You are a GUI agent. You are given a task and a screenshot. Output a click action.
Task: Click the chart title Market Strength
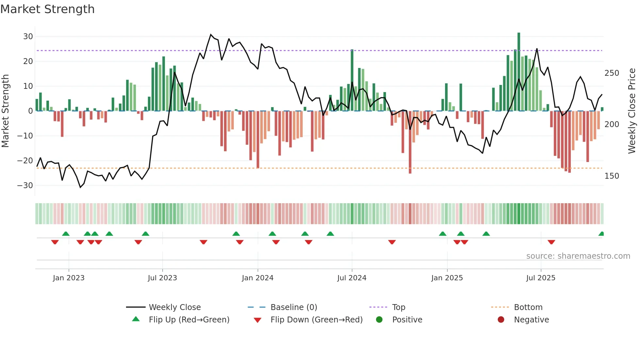tap(47, 9)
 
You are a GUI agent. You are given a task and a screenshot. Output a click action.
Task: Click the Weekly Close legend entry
tap(174, 307)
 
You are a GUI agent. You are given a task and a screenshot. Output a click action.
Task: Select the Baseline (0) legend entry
tap(294, 307)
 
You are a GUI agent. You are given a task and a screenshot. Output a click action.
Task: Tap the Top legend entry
tap(398, 307)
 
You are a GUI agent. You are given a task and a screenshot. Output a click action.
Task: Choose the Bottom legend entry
tap(528, 307)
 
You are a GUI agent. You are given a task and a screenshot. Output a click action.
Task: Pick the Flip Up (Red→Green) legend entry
tap(189, 319)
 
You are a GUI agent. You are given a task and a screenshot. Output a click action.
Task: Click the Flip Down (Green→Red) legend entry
tap(316, 319)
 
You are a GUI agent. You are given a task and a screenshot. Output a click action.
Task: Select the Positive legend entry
tap(407, 319)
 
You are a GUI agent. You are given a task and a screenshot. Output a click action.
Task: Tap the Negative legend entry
tap(531, 319)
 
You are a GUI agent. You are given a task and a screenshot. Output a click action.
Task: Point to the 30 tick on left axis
tap(28, 37)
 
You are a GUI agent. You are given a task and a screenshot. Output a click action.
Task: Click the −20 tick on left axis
tap(25, 160)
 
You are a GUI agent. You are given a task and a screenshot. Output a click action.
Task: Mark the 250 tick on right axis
tap(612, 73)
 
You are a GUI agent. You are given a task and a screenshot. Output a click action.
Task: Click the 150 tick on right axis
tap(612, 176)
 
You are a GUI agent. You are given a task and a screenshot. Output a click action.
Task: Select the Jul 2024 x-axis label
tap(352, 278)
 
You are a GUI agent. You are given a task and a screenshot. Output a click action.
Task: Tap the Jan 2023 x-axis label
tap(69, 278)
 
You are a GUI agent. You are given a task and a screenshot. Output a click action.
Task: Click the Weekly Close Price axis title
tap(632, 111)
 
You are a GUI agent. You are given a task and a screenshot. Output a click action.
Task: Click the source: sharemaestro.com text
tap(578, 256)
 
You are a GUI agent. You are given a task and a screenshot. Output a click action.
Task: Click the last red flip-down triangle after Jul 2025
tap(552, 242)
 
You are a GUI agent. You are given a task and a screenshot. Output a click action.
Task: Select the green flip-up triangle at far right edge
tap(601, 234)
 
